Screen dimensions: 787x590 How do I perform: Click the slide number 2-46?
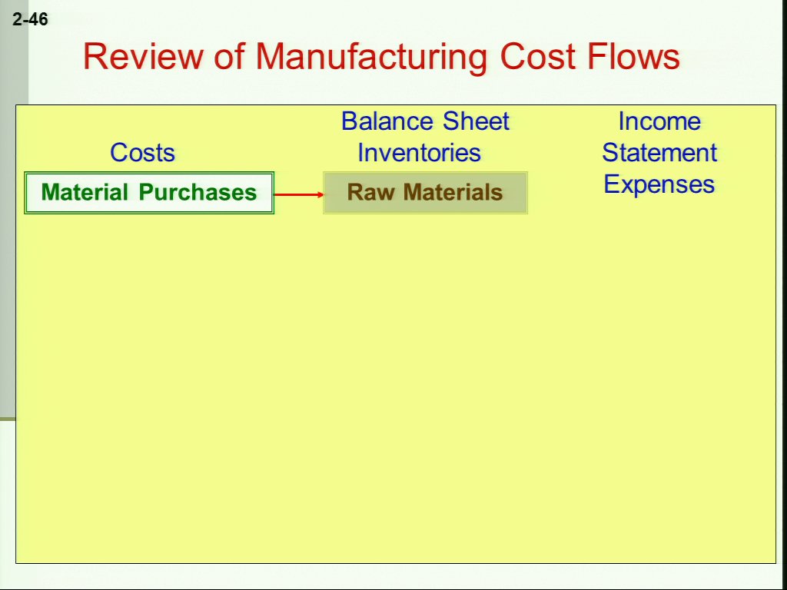(31, 19)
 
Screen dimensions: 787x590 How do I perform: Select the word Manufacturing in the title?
(371, 57)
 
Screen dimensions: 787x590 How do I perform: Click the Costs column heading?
(142, 152)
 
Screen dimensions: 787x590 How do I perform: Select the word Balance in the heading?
(387, 121)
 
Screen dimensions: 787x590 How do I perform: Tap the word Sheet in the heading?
(477, 121)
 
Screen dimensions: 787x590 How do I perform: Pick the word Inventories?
(419, 152)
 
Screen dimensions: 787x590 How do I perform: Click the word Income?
(659, 121)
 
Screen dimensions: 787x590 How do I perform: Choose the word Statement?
(659, 153)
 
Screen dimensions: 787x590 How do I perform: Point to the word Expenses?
(659, 184)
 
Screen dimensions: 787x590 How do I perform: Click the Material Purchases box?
(149, 193)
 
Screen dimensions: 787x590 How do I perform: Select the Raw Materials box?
(425, 193)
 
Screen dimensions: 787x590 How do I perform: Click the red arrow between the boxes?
(299, 194)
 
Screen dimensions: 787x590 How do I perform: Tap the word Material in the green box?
(85, 192)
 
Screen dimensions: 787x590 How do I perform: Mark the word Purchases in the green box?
(198, 192)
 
